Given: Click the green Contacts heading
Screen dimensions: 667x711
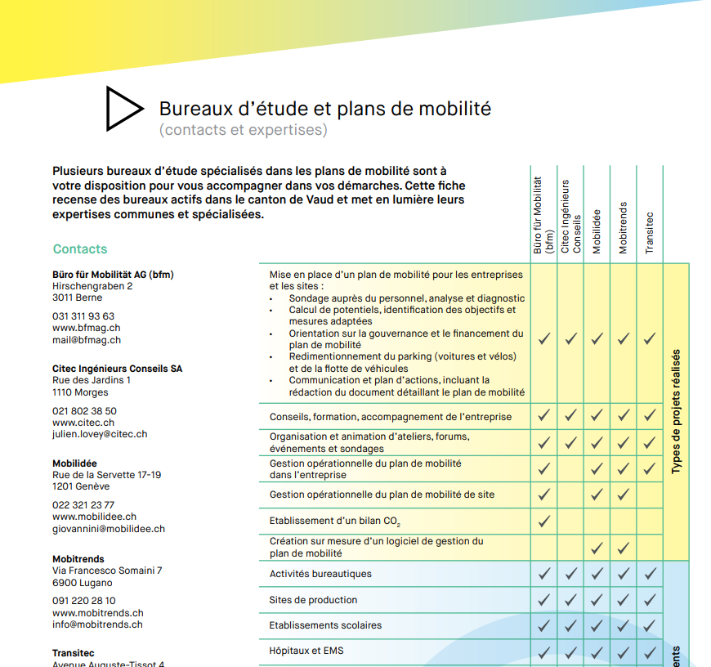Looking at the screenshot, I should pyautogui.click(x=80, y=249).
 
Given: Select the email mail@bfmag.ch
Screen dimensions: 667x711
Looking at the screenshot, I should pyautogui.click(x=86, y=340).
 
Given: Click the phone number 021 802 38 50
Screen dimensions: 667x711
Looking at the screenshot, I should pyautogui.click(x=84, y=411).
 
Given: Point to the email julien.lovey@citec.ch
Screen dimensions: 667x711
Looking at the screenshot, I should pyautogui.click(x=100, y=434).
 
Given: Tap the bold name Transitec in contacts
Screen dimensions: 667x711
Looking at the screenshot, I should pyautogui.click(x=74, y=653).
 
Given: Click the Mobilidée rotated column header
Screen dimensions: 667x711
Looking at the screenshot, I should pyautogui.click(x=597, y=231).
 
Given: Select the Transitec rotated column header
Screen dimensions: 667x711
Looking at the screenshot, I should pyautogui.click(x=650, y=233).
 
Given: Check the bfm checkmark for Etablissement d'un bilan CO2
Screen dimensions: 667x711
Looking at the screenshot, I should pyautogui.click(x=544, y=521).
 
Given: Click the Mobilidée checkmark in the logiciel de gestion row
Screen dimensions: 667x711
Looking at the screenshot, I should pyautogui.click(x=597, y=548).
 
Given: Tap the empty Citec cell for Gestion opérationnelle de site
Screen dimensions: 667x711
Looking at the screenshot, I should pyautogui.click(x=570, y=495).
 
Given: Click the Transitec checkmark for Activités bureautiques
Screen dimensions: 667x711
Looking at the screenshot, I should pyautogui.click(x=650, y=574).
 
